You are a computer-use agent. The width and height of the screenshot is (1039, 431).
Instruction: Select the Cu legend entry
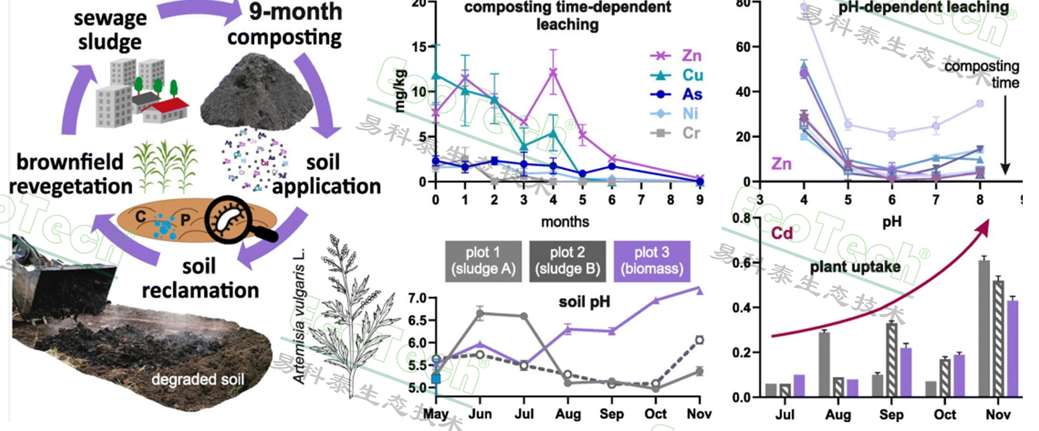tap(677, 75)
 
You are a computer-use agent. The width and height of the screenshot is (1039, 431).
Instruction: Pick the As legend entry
tap(677, 94)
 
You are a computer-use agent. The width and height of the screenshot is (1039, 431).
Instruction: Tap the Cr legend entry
tap(677, 133)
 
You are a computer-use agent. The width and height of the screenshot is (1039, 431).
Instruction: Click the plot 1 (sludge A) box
tap(483, 261)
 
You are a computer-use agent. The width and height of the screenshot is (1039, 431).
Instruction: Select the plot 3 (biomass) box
tap(652, 261)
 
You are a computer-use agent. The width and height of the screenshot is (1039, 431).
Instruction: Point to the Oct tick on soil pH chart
tap(655, 414)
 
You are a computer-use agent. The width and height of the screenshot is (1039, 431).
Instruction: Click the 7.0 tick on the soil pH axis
tap(418, 298)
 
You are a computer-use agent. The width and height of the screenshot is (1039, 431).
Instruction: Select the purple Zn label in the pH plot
tap(781, 164)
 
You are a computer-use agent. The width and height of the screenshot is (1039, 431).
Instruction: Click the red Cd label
tap(782, 233)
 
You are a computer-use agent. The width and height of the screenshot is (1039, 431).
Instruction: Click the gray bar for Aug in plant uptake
tap(824, 364)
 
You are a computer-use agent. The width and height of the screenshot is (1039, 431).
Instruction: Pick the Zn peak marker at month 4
tap(553, 72)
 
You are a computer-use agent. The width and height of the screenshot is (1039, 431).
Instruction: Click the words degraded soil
tap(198, 379)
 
